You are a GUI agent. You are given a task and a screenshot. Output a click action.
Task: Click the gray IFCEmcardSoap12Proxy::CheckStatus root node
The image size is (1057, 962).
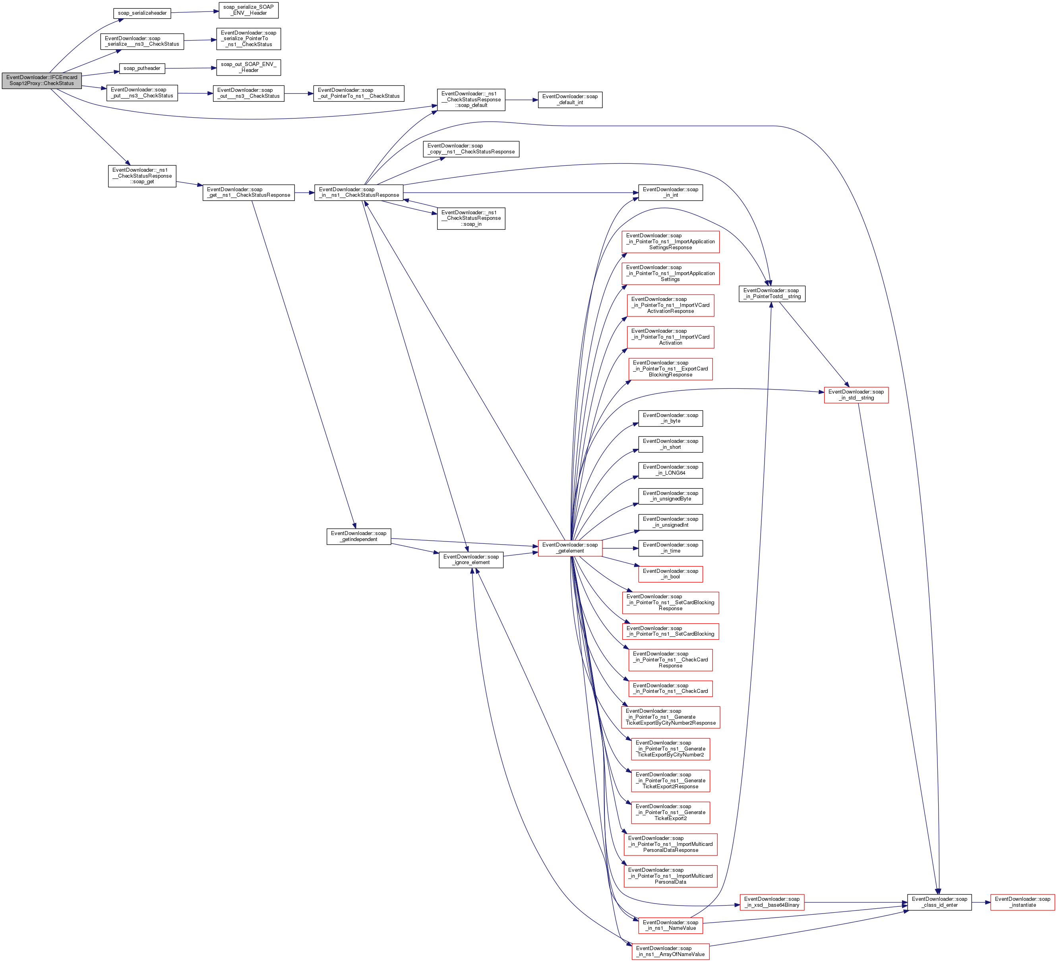point(41,80)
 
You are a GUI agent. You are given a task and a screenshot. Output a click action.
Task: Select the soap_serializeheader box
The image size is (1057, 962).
point(142,13)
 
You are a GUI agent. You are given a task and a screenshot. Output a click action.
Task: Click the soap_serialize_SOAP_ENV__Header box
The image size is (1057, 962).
point(248,10)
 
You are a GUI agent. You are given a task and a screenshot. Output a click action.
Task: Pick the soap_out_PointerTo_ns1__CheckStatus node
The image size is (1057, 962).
point(358,93)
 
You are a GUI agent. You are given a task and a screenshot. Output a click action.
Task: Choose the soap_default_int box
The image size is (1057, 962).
point(570,100)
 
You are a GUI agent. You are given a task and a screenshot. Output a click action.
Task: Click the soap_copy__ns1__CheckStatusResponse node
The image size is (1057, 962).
point(471,149)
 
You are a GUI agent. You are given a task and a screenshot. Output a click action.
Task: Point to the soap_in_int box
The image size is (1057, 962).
point(670,192)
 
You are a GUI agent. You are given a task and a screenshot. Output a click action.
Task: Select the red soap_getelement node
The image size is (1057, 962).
point(570,548)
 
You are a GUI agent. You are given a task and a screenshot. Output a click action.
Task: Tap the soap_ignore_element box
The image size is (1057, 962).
point(471,560)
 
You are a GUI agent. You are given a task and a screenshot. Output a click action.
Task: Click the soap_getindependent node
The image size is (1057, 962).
point(358,536)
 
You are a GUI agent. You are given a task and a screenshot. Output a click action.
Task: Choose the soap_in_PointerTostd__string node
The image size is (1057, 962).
point(772,293)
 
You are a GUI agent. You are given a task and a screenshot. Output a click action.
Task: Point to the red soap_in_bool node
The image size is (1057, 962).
point(670,574)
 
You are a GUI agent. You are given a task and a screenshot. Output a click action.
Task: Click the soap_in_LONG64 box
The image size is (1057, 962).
point(670,470)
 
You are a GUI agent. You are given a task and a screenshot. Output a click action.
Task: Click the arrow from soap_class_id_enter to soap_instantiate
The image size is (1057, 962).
point(980,902)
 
